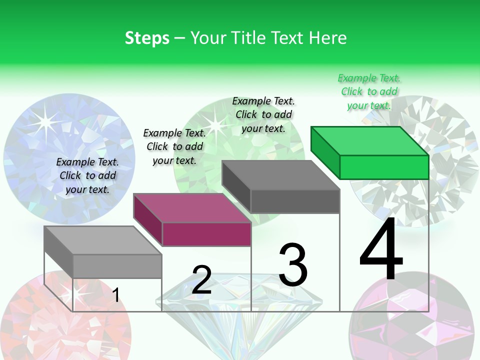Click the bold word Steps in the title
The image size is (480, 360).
click(147, 38)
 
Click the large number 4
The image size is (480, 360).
click(381, 249)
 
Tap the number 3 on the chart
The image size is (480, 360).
click(293, 265)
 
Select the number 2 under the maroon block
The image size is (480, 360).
click(201, 280)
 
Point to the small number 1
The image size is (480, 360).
click(115, 295)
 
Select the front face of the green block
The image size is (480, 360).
click(384, 167)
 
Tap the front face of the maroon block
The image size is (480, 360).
click(206, 234)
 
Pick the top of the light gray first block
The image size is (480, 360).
click(103, 240)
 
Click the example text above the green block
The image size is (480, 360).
click(369, 91)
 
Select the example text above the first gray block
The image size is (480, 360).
click(87, 175)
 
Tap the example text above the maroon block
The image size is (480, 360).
click(174, 146)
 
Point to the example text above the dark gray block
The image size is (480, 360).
click(263, 114)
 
